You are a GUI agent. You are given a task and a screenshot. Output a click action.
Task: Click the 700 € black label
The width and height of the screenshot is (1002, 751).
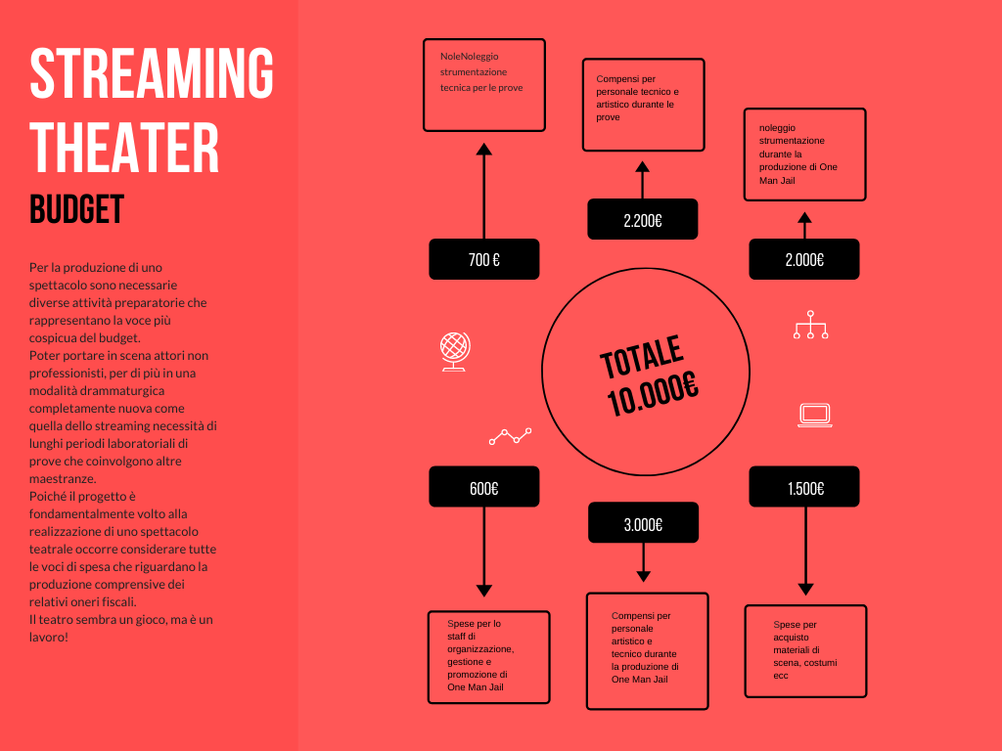click(483, 259)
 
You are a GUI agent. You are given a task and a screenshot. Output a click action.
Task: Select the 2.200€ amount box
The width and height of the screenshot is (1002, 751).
click(642, 219)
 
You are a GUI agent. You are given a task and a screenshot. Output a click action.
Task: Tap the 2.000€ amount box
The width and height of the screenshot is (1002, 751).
click(804, 259)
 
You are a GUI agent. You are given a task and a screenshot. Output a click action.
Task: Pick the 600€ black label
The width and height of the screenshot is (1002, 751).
click(483, 487)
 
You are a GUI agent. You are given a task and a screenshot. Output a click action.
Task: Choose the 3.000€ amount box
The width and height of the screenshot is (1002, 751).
click(643, 522)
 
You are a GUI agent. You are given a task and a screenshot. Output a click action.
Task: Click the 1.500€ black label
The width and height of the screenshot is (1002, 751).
click(804, 487)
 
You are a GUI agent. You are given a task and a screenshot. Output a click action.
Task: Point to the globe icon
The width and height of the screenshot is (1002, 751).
click(455, 351)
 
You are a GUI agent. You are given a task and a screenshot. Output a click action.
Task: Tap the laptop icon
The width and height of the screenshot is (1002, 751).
click(815, 415)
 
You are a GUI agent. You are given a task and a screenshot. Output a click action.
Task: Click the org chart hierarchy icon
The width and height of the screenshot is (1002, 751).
click(810, 325)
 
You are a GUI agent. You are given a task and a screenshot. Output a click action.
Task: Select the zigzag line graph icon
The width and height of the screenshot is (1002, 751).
click(510, 436)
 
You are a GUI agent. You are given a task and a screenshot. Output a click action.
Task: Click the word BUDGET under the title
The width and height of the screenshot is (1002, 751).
click(76, 209)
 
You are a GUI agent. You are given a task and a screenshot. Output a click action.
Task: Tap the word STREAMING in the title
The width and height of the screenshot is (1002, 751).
click(152, 72)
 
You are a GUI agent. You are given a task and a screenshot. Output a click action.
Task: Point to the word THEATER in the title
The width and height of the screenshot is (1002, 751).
click(124, 148)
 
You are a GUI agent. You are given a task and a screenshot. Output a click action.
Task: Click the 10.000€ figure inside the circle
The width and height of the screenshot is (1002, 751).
click(653, 393)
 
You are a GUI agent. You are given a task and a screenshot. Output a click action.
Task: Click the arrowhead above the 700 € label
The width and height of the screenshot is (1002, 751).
click(483, 150)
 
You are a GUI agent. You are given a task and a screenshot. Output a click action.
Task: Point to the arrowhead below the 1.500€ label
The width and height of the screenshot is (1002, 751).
click(806, 590)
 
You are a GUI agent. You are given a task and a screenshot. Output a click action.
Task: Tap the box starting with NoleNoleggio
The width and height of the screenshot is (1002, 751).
click(483, 85)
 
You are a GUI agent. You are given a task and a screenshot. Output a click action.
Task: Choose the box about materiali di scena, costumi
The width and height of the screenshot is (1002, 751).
click(805, 650)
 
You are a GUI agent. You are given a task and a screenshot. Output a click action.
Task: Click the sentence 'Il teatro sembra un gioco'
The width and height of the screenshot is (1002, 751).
click(120, 628)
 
